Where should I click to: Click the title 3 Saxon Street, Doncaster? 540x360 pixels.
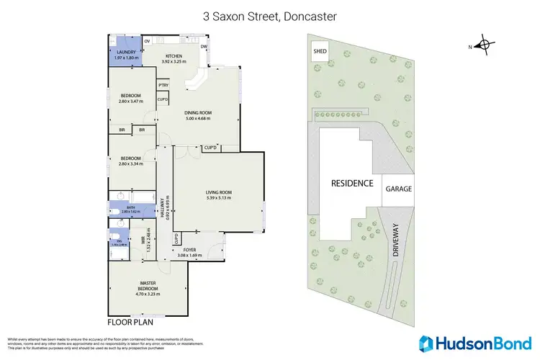[x=269, y=15]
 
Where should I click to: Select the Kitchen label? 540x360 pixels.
[x=174, y=59]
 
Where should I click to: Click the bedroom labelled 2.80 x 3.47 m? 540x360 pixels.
[x=131, y=99]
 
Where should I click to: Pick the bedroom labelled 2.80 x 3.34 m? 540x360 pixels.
[x=131, y=161]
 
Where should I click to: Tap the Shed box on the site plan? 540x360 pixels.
[x=319, y=51]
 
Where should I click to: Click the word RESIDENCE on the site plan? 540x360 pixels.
[x=352, y=183]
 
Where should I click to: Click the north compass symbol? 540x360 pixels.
[x=487, y=47]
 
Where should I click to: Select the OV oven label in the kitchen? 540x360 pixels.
[x=147, y=42]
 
